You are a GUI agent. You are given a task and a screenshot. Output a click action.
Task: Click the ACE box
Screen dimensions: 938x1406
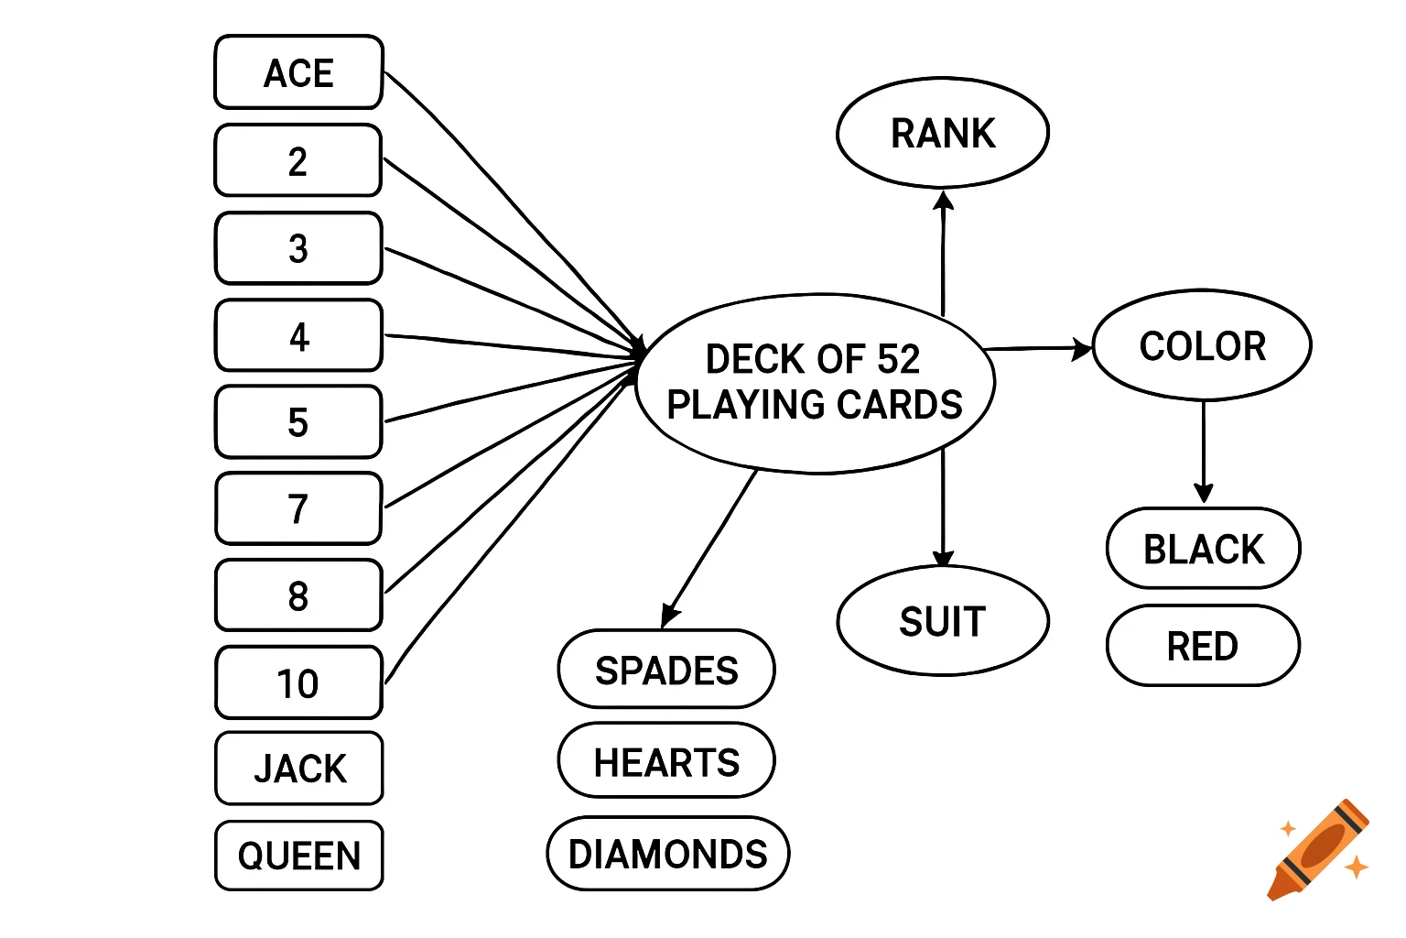pyautogui.click(x=298, y=73)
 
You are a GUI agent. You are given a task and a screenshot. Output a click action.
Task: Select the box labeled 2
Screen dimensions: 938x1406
pyautogui.click(x=298, y=161)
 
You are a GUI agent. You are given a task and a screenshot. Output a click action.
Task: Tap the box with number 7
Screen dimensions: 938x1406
pyautogui.click(x=298, y=509)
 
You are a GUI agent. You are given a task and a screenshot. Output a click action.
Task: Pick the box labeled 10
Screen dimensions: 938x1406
pyautogui.click(x=298, y=683)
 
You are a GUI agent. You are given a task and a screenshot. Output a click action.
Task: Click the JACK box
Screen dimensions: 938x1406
pyautogui.click(x=299, y=769)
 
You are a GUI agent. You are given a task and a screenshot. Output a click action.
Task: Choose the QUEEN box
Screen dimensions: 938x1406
pyautogui.click(x=299, y=856)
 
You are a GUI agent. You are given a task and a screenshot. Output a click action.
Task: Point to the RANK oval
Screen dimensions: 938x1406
pyautogui.click(x=943, y=134)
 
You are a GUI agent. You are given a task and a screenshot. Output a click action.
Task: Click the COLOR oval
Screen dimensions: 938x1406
pyautogui.click(x=1202, y=346)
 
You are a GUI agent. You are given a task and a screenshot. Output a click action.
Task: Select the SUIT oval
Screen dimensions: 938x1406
pyautogui.click(x=943, y=622)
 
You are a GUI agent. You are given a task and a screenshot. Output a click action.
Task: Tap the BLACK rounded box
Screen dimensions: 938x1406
pyautogui.click(x=1203, y=549)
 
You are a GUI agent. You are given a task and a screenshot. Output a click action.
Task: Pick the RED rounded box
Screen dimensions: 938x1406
pyautogui.click(x=1203, y=646)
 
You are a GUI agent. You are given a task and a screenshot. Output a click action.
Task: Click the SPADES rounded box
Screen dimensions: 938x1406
pyautogui.click(x=666, y=670)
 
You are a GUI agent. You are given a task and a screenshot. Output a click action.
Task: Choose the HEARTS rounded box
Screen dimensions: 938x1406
pyautogui.click(x=666, y=761)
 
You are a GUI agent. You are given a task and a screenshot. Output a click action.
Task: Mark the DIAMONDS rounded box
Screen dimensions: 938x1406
pyautogui.click(x=668, y=854)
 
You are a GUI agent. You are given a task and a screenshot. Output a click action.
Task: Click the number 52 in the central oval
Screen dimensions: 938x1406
pyautogui.click(x=898, y=359)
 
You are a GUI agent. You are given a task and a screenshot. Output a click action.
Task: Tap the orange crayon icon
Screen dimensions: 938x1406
pyautogui.click(x=1318, y=850)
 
